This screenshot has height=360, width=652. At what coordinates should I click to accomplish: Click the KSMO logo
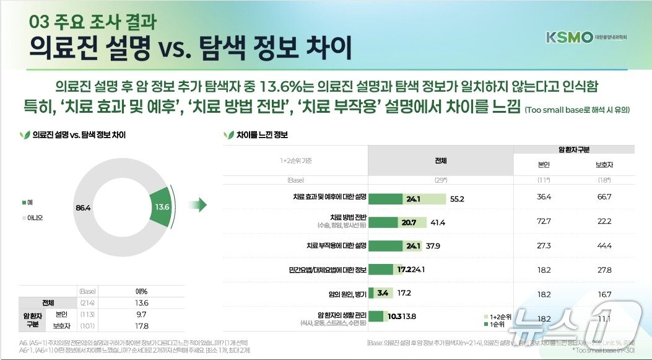tap(569, 37)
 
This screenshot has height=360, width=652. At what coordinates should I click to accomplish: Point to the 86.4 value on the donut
tap(84, 208)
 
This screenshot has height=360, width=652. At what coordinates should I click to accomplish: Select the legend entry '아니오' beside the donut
tap(32, 217)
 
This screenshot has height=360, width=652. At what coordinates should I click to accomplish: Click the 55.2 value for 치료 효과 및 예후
tap(457, 199)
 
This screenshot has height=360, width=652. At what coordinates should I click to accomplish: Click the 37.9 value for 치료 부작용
tap(433, 245)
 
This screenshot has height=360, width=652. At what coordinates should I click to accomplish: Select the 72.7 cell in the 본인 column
tap(544, 221)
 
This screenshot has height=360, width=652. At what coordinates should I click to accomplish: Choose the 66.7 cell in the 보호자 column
tap(603, 197)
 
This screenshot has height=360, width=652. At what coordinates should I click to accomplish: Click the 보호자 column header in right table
tap(604, 165)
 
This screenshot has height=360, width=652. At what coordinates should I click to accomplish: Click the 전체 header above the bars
tap(440, 160)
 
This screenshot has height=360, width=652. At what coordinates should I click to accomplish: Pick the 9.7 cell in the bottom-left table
tap(141, 314)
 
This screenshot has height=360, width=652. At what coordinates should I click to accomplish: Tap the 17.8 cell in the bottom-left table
tap(141, 325)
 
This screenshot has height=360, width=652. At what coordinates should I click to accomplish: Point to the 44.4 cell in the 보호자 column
tap(603, 245)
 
